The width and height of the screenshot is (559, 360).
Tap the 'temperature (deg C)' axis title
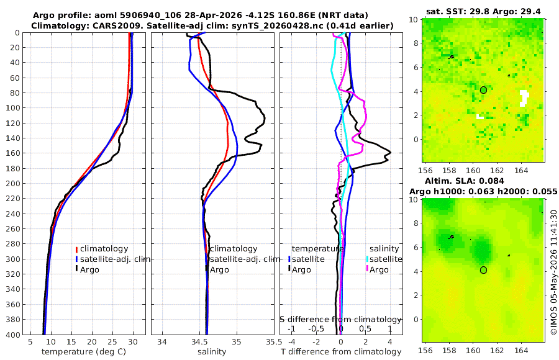84,352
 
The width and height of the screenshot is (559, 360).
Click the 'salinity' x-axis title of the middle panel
212,352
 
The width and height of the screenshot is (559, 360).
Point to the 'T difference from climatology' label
341,352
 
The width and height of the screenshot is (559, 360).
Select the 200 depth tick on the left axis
13,183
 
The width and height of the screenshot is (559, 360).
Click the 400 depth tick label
13,335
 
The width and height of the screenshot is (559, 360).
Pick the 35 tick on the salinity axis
237,342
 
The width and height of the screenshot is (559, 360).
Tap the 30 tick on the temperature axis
133,342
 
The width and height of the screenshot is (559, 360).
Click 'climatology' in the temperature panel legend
104,249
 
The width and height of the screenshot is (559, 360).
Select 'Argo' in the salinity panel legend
219,270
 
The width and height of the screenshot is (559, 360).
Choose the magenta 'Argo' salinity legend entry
379,270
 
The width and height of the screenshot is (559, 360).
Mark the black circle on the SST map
483,90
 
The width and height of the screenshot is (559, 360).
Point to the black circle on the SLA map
483,270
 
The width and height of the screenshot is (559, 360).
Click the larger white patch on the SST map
524,98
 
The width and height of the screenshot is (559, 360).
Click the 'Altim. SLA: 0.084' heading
464,181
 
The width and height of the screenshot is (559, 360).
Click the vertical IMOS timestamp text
553,272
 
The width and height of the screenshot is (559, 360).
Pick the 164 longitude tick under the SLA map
521,350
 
